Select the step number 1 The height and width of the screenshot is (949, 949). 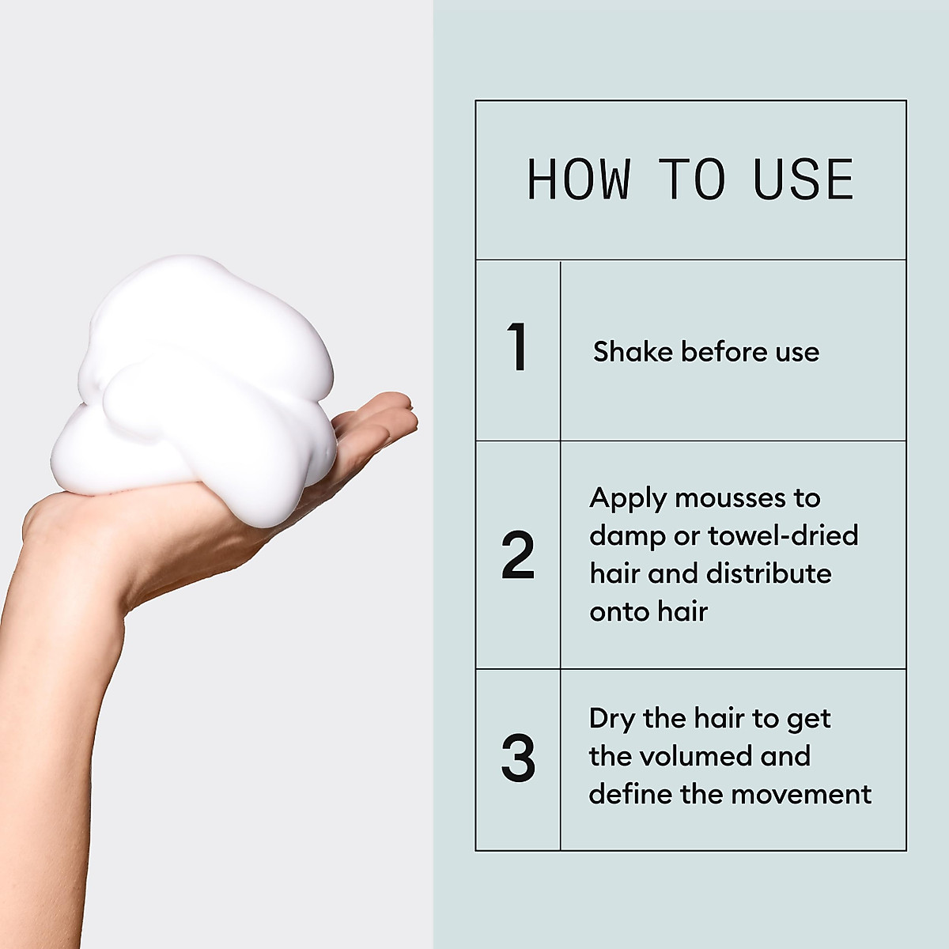coord(517,347)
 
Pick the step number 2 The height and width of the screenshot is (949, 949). coord(518,556)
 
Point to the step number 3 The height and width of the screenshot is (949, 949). coord(518,758)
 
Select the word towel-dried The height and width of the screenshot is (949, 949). coord(783,535)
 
